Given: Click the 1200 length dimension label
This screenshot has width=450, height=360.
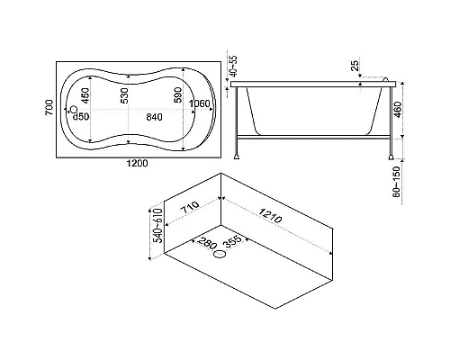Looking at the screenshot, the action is point(137,164).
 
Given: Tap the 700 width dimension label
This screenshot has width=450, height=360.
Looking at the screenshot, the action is point(49,107).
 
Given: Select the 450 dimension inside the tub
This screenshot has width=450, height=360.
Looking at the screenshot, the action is point(85,95).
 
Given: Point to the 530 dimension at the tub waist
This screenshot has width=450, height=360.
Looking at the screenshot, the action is point(124,95).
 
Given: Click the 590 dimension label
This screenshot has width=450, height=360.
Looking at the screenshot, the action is point(177,94).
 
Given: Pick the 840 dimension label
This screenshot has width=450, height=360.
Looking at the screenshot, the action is point(154,117).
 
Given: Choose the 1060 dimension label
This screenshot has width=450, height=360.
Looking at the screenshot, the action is point(200,103).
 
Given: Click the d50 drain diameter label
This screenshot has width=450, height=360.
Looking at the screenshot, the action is point(81,116).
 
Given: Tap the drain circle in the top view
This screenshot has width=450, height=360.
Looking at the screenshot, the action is point(73,110).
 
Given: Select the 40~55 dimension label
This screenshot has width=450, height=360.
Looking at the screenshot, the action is point(233,65).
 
